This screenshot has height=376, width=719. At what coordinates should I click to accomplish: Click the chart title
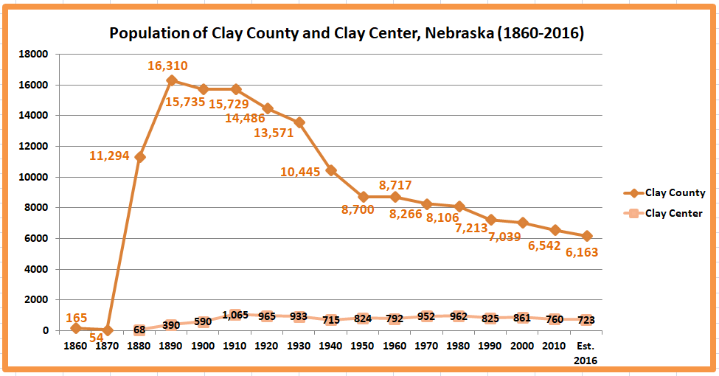click(347, 34)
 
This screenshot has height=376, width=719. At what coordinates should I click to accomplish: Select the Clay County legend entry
click(675, 193)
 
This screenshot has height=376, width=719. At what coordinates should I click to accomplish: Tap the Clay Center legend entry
click(673, 214)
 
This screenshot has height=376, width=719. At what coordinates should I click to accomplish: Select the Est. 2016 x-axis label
click(586, 352)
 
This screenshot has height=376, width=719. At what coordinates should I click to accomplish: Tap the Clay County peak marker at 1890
click(172, 80)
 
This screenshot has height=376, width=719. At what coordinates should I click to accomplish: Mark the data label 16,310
click(167, 66)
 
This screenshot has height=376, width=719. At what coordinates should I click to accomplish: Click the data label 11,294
click(110, 156)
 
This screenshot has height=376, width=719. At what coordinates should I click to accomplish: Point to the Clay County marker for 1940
click(331, 170)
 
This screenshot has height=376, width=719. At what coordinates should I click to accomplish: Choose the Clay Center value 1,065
click(235, 316)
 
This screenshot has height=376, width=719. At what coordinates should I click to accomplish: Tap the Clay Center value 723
click(586, 320)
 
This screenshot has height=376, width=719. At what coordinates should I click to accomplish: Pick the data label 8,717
click(395, 185)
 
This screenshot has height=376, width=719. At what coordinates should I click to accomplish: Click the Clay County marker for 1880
click(139, 157)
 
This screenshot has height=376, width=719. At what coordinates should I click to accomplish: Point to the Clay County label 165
click(77, 318)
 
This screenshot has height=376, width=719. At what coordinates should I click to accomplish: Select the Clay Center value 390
click(171, 325)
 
